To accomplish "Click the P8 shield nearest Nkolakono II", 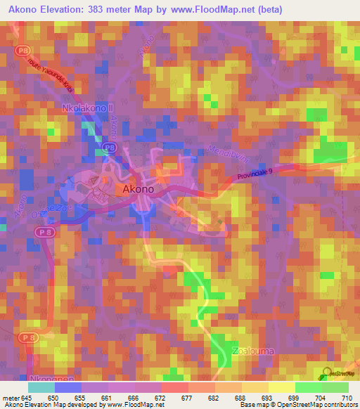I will point(108,147).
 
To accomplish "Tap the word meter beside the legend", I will point(11,398).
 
